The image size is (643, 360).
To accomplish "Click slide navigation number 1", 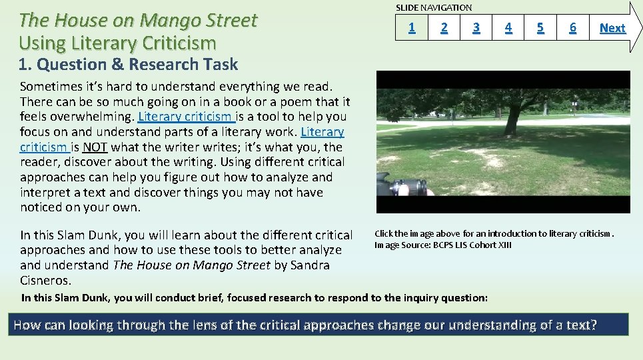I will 412,27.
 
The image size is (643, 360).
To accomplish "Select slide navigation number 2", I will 444,27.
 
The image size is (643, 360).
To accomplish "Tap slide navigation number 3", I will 476,27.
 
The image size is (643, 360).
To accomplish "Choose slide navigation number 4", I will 508,27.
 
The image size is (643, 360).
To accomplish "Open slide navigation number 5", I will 540,27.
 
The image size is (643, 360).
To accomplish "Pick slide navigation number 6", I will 572,27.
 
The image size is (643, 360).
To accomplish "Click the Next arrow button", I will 612,27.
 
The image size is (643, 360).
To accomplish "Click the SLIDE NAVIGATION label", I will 434,8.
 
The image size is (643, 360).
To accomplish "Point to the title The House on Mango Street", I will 138,21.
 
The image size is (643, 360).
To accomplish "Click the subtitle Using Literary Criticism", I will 117,43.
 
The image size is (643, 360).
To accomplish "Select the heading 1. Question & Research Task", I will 128,65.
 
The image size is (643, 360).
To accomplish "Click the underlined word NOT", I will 95,147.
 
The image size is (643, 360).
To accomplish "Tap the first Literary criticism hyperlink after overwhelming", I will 185,117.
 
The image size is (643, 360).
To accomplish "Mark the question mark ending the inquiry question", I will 593,325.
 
